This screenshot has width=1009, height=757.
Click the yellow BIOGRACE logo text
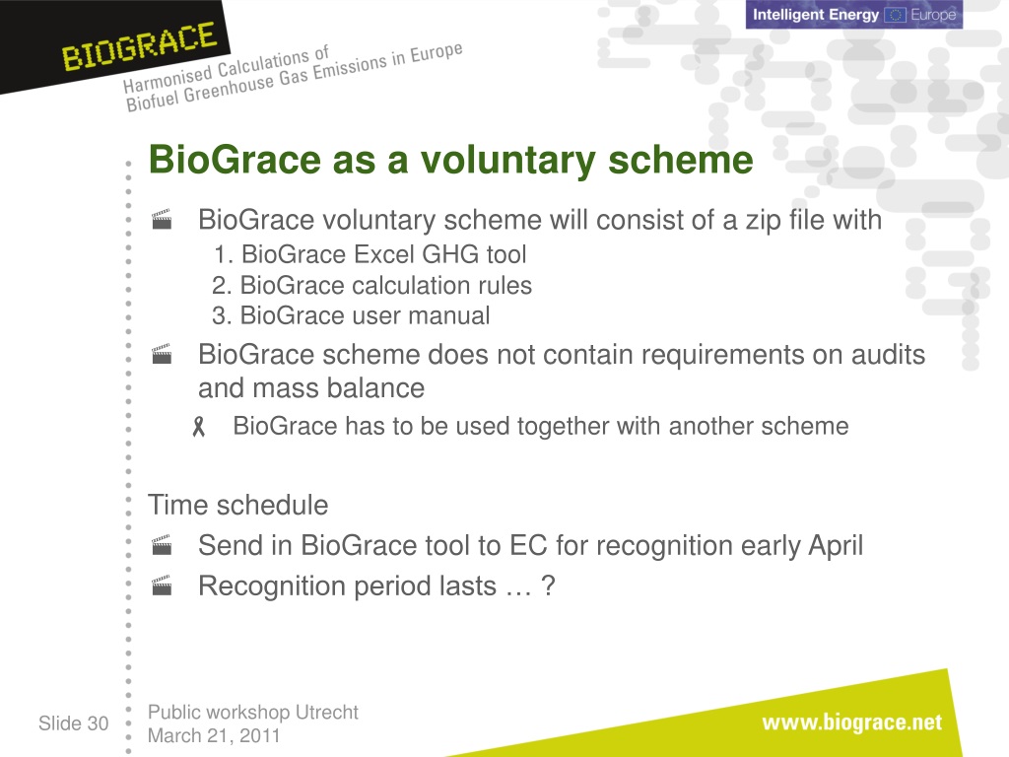(x=139, y=46)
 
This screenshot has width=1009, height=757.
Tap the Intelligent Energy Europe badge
(x=854, y=14)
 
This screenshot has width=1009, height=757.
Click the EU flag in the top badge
(x=895, y=15)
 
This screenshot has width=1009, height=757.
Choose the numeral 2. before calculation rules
(x=222, y=285)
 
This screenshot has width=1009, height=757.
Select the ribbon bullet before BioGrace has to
(x=199, y=426)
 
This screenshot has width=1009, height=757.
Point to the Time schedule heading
(x=238, y=506)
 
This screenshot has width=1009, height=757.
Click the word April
(x=836, y=546)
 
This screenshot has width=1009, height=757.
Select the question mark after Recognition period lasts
(x=548, y=585)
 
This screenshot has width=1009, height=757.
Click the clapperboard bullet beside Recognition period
(x=162, y=585)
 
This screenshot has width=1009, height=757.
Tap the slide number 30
(x=98, y=723)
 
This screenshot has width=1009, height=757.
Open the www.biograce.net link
(x=852, y=723)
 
